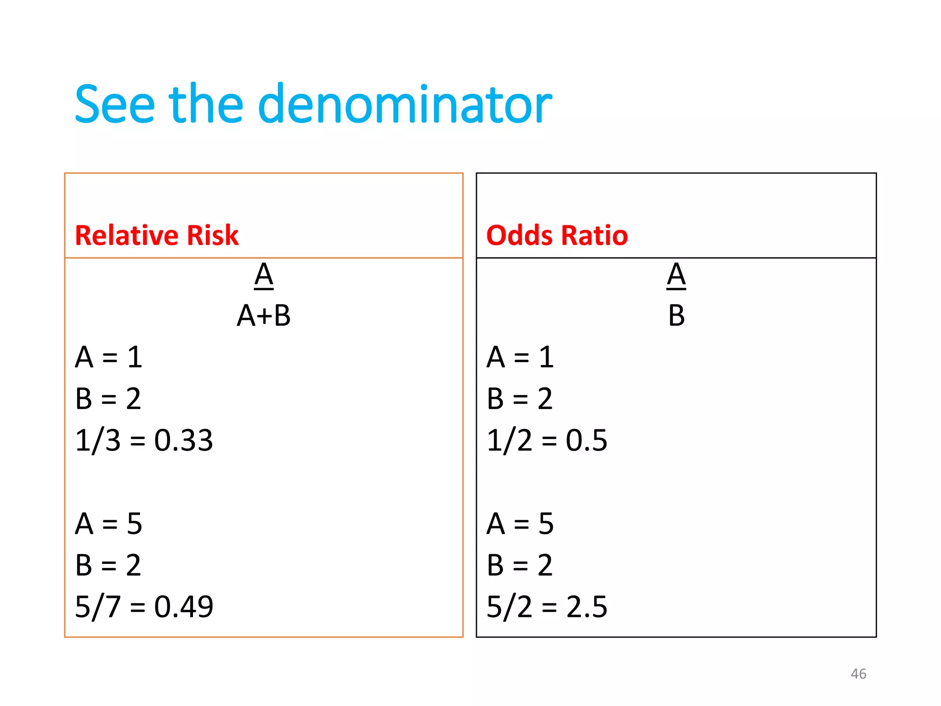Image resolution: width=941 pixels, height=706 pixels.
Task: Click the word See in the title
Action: pyautogui.click(x=115, y=105)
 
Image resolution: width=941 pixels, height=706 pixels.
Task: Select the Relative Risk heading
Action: pyautogui.click(x=157, y=235)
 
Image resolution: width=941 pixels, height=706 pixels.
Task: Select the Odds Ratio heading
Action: pyautogui.click(x=557, y=235)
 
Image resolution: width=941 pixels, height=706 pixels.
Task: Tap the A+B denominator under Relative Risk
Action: pyautogui.click(x=264, y=316)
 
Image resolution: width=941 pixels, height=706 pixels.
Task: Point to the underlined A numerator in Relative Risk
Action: pyautogui.click(x=264, y=275)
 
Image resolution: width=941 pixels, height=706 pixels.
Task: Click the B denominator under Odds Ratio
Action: pyautogui.click(x=676, y=316)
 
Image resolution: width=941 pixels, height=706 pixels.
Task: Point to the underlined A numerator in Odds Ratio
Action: pyautogui.click(x=676, y=275)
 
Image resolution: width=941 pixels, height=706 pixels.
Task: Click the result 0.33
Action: pyautogui.click(x=183, y=440)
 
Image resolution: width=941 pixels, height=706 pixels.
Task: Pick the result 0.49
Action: pyautogui.click(x=184, y=606)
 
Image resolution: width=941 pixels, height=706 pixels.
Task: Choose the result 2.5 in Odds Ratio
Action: pyautogui.click(x=587, y=606)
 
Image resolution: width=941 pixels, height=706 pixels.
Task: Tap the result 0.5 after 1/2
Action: pyautogui.click(x=586, y=440)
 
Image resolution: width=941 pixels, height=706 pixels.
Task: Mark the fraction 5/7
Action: pyautogui.click(x=97, y=606)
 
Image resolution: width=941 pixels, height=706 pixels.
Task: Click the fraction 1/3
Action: pyautogui.click(x=97, y=440)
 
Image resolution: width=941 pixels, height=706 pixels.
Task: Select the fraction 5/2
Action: pyautogui.click(x=509, y=606)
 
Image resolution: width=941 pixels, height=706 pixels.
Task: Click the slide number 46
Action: pyautogui.click(x=858, y=674)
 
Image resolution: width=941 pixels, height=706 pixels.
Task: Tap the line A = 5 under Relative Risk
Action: pyautogui.click(x=109, y=524)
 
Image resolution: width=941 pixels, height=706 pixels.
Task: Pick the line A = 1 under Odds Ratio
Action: pyautogui.click(x=520, y=357)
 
